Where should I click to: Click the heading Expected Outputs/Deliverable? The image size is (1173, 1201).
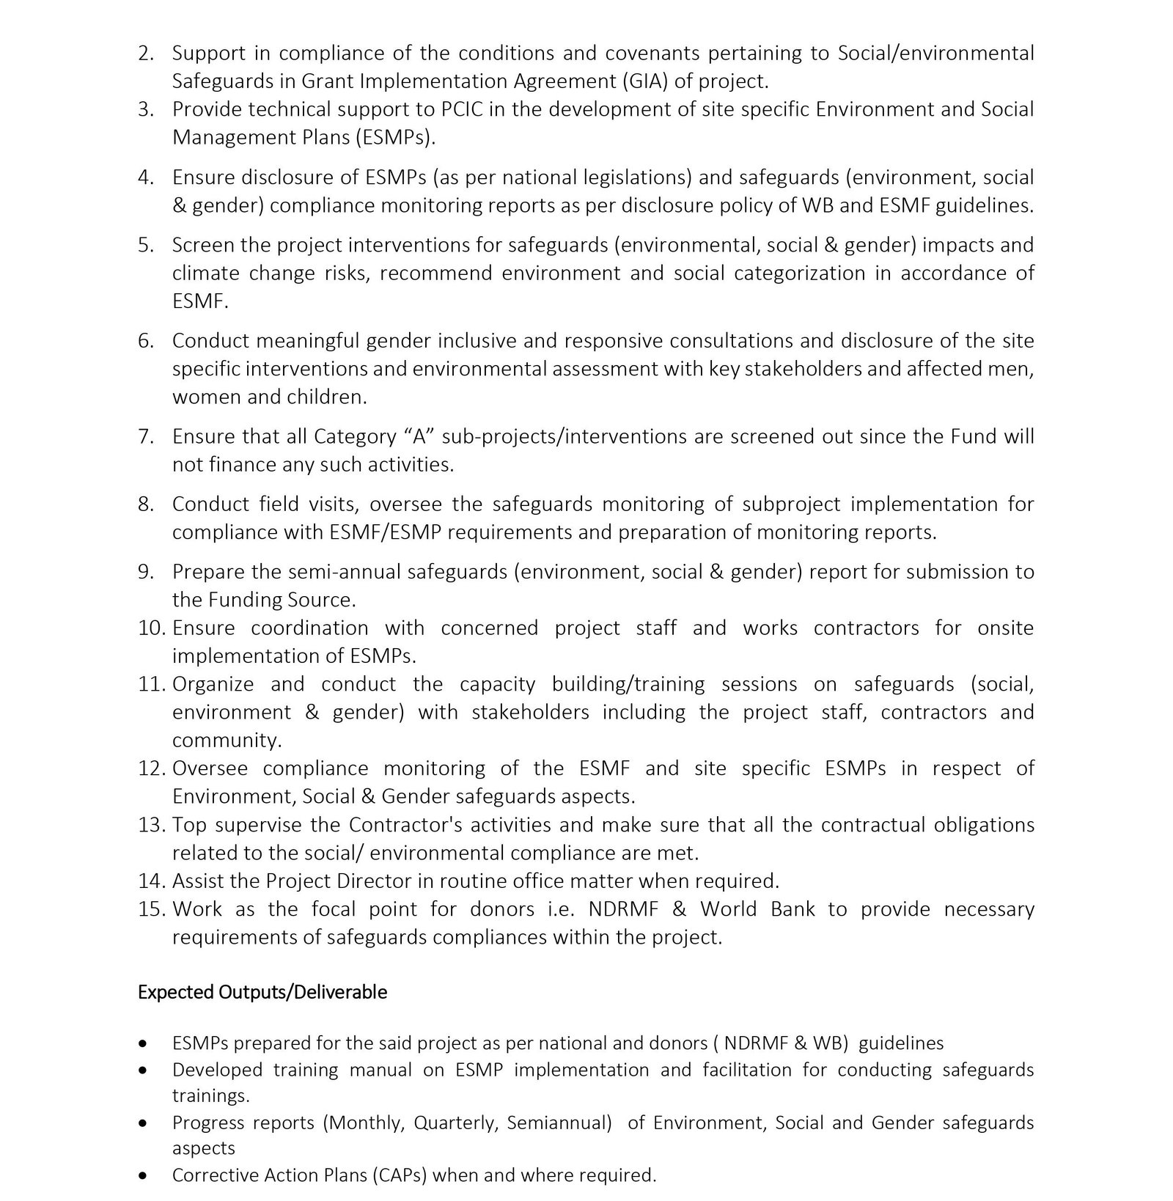click(x=262, y=992)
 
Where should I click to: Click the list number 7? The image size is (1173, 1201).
click(x=145, y=436)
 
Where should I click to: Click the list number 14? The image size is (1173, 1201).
click(x=152, y=881)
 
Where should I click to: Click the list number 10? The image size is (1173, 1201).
click(x=152, y=628)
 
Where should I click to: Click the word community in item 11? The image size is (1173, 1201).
click(x=226, y=740)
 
